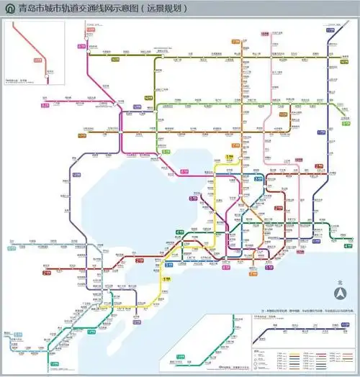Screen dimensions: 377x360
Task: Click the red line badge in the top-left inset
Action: [37, 60]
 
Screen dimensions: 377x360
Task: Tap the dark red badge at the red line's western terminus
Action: [46, 273]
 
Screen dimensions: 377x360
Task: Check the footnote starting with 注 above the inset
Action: [288, 309]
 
